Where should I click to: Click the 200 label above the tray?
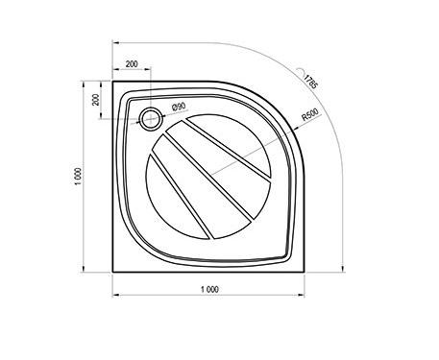(132, 64)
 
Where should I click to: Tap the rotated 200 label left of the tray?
(96, 100)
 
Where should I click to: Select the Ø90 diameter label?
(179, 107)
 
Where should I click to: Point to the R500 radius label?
(310, 115)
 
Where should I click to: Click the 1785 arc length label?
(310, 82)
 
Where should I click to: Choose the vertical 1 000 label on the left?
(78, 176)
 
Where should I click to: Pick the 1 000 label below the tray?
(209, 289)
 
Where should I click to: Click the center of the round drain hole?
(151, 119)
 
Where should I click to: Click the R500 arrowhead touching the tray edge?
(296, 129)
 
